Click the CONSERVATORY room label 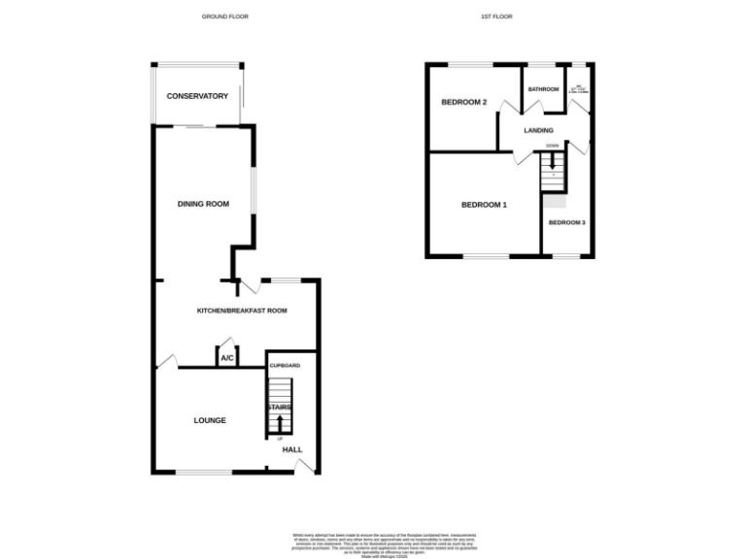click(197, 96)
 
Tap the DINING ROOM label click(203, 204)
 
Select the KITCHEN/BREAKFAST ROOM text click(242, 311)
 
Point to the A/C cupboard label click(227, 359)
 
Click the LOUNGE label click(210, 420)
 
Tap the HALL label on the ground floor click(292, 450)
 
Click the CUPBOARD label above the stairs click(285, 365)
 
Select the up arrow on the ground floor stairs click(281, 423)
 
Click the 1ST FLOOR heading click(495, 16)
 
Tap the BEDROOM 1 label click(484, 205)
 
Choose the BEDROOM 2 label click(463, 102)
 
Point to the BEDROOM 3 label click(566, 222)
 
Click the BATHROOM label click(543, 89)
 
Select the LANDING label click(538, 130)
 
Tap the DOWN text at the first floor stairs click(552, 146)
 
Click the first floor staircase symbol click(553, 175)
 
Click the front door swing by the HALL click(306, 466)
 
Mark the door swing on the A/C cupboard click(226, 344)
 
